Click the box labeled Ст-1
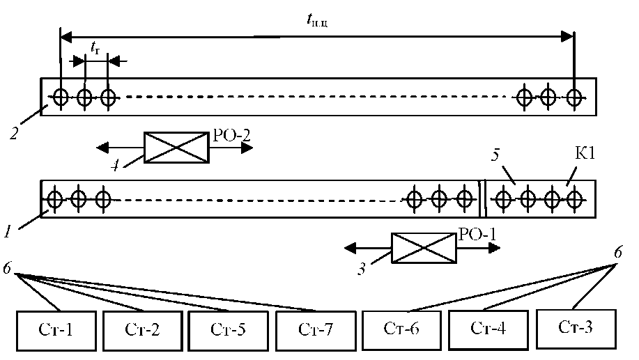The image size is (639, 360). pyautogui.click(x=56, y=327)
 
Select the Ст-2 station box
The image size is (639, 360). pyautogui.click(x=143, y=327)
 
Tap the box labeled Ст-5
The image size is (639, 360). pyautogui.click(x=228, y=327)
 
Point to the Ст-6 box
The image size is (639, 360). pyautogui.click(x=402, y=326)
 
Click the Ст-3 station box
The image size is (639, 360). pyautogui.click(x=576, y=325)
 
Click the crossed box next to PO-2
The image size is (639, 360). pyautogui.click(x=176, y=148)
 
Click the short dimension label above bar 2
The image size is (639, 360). pyautogui.click(x=95, y=47)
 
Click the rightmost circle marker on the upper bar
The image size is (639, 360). pyautogui.click(x=573, y=97)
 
